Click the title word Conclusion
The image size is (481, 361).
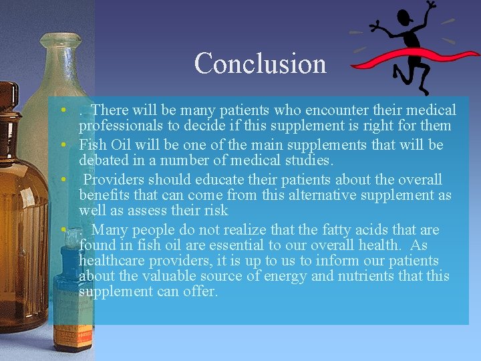click(261, 64)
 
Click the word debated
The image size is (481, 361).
click(102, 160)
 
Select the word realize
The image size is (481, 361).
click(231, 229)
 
